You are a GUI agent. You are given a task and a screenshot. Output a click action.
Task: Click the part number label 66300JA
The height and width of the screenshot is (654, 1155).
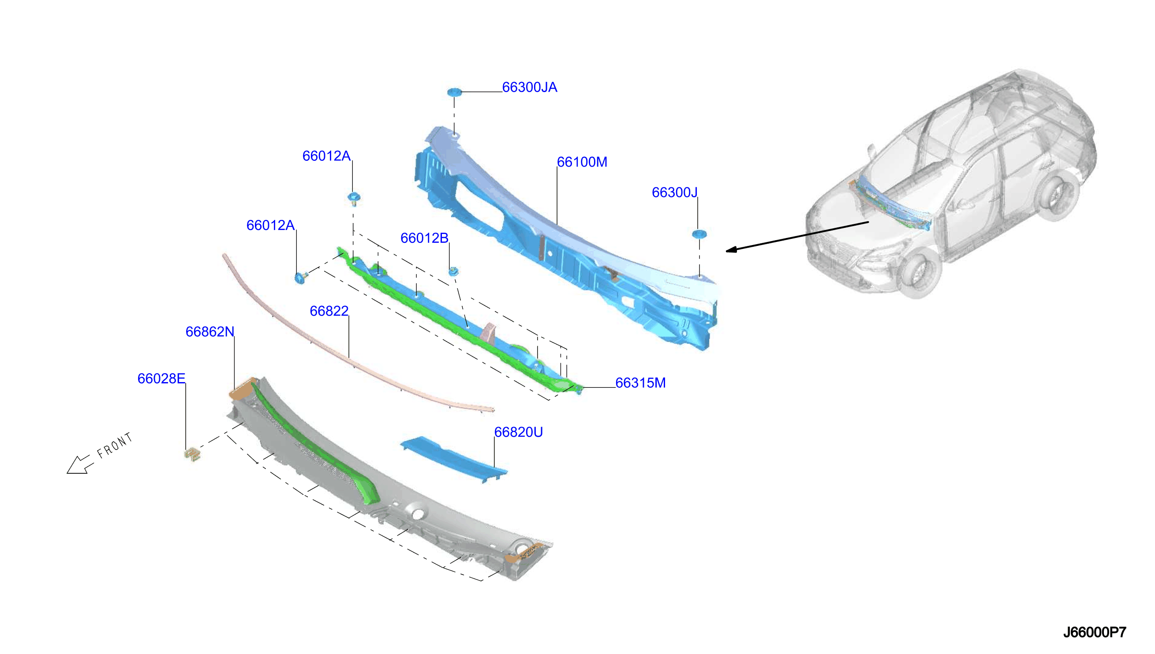529,87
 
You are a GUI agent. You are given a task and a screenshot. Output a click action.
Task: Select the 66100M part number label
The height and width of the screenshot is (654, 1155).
582,162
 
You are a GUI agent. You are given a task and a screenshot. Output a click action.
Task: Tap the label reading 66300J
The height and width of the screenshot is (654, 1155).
674,192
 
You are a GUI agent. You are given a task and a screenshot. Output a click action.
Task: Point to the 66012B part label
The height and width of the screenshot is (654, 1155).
424,238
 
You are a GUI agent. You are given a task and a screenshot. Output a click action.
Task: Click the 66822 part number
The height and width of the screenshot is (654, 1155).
329,311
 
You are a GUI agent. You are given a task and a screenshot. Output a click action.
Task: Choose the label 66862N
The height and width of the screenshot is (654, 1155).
209,331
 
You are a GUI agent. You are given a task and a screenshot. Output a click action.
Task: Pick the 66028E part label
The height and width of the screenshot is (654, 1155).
161,379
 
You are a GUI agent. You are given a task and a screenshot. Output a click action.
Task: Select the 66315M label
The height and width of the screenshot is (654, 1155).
640,383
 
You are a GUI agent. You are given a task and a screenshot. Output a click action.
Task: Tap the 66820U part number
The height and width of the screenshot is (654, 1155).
518,432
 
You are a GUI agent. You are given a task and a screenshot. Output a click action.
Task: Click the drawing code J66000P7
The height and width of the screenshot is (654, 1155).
1094,632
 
